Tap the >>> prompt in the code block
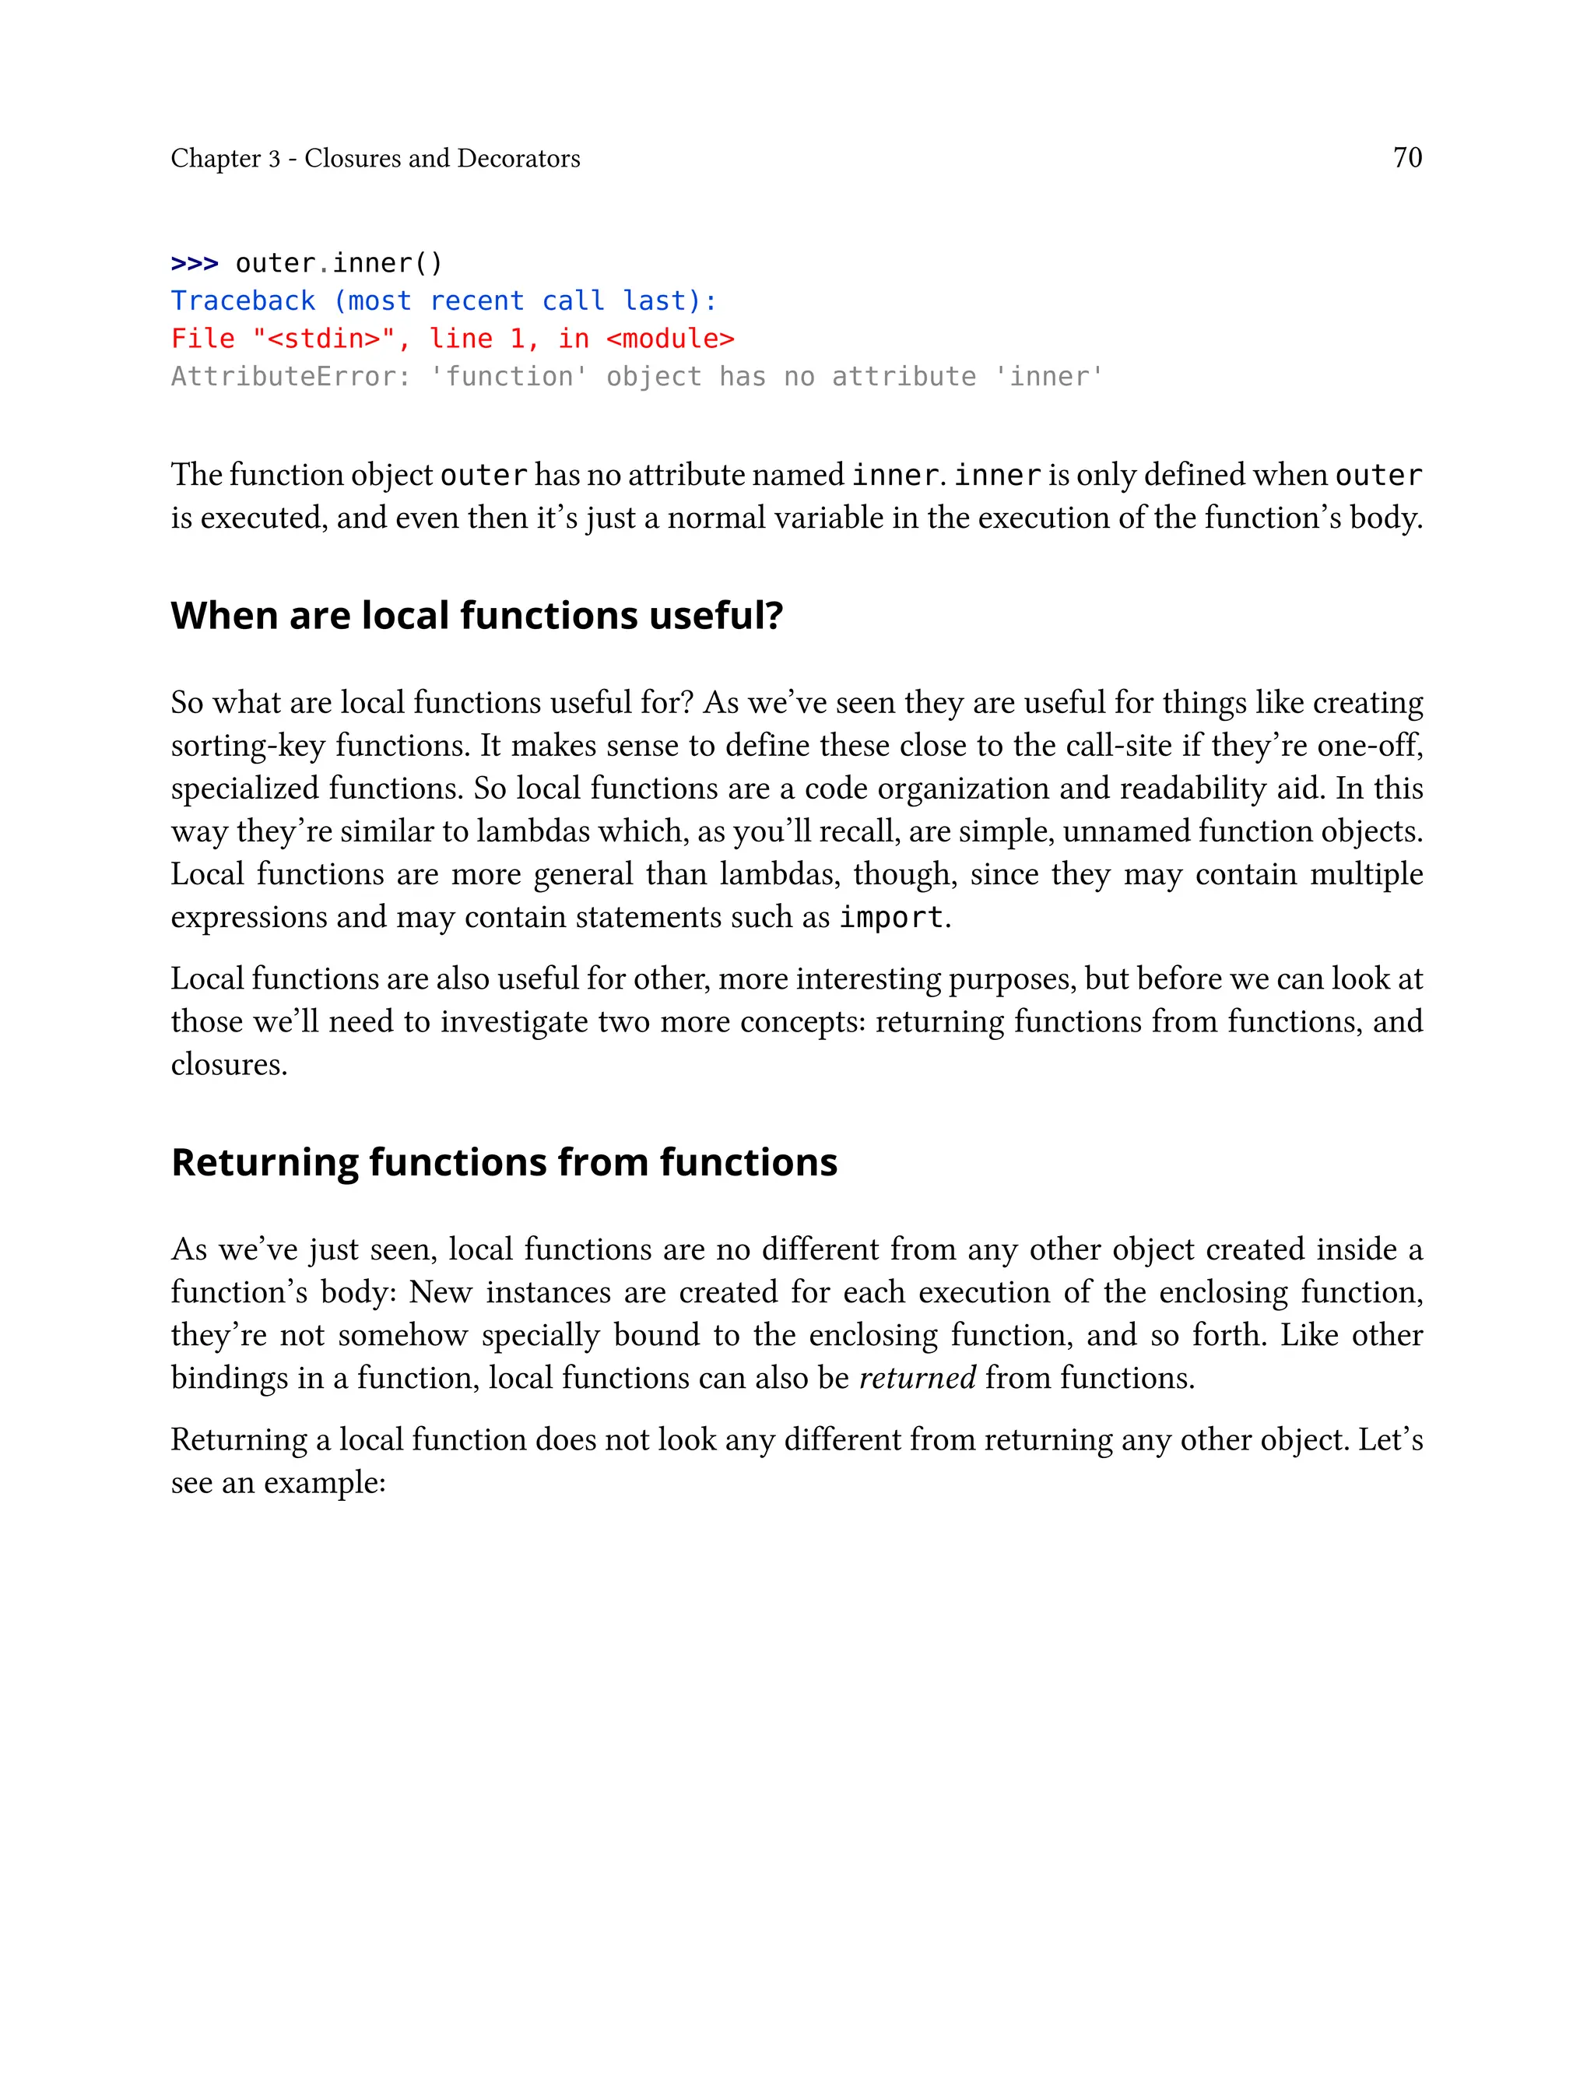(195, 263)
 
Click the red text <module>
(670, 339)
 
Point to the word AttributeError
(290, 377)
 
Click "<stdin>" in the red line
(324, 339)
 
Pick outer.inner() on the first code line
(339, 263)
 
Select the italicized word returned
(917, 1378)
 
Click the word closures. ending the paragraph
(229, 1064)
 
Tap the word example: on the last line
(325, 1482)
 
